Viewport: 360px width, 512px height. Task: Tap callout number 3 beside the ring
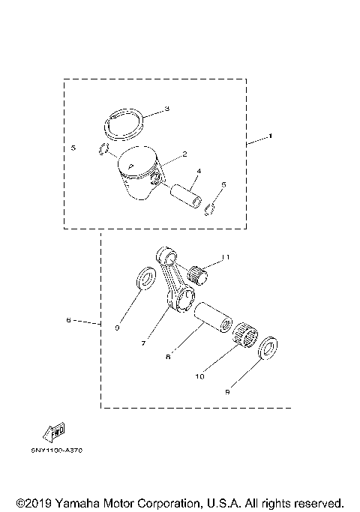(x=166, y=109)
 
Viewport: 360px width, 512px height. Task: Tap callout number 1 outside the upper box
(x=271, y=137)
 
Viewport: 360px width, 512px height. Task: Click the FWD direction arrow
(x=55, y=431)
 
